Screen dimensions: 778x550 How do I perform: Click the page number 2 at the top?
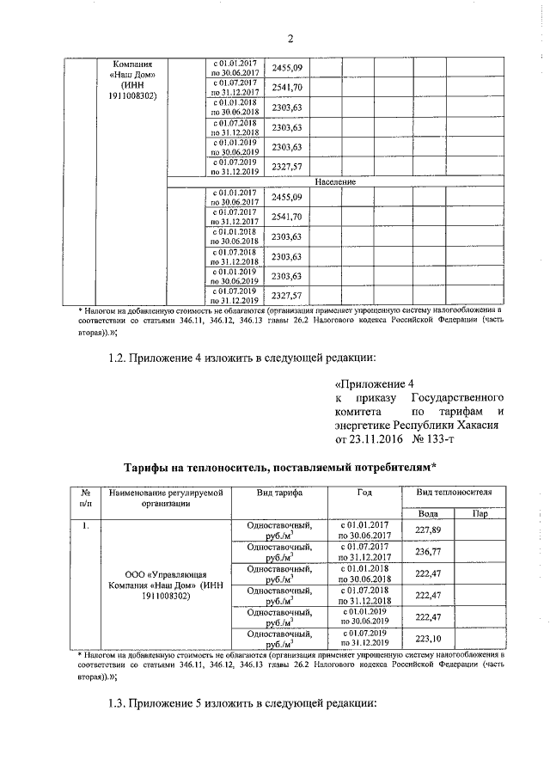[290, 38]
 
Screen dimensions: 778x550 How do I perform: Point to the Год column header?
[364, 493]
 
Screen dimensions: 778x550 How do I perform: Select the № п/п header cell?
[86, 498]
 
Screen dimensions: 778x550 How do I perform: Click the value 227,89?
[428, 530]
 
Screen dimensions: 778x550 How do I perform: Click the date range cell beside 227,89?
[364, 530]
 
